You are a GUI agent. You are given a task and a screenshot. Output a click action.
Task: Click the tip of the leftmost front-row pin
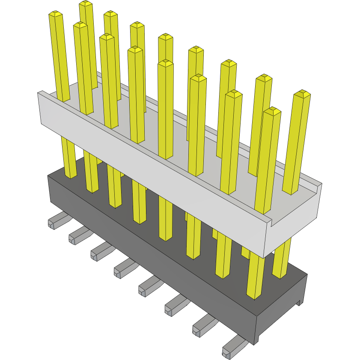point(56,14)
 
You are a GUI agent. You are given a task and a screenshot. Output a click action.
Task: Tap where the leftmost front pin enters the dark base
point(71,176)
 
